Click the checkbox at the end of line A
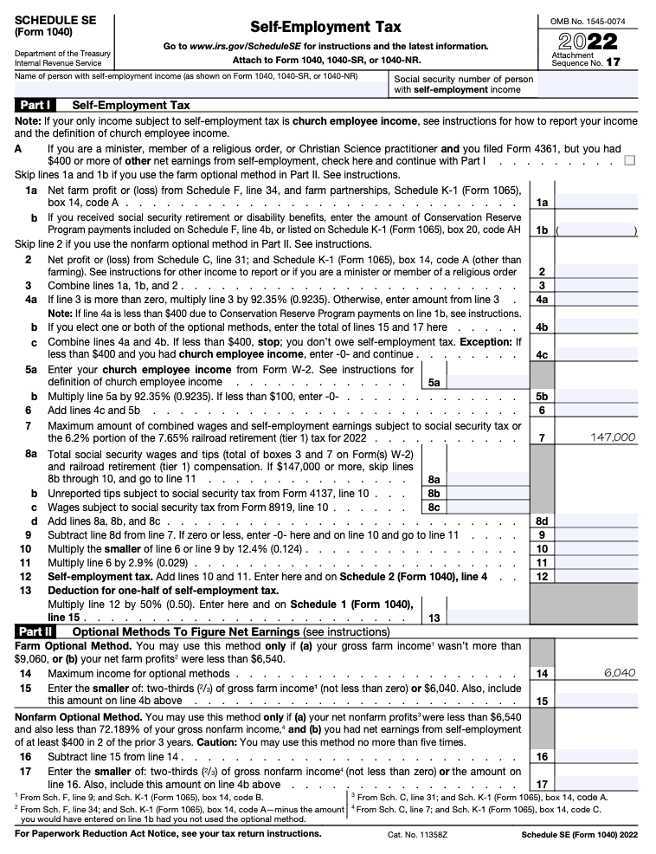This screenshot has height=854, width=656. [629, 160]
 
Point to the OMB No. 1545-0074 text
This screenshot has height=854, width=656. [588, 20]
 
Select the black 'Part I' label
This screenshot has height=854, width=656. [35, 105]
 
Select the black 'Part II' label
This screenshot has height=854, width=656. [35, 632]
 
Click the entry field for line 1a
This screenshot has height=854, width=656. [597, 202]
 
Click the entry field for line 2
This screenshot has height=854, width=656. [597, 271]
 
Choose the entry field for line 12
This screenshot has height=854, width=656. [597, 576]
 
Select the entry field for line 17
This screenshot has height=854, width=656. [597, 784]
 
